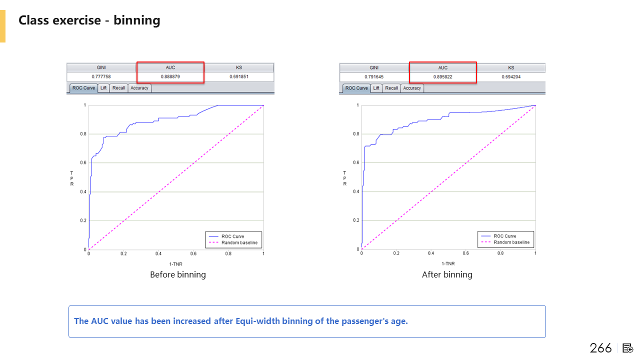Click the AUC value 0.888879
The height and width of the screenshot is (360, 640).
click(x=170, y=76)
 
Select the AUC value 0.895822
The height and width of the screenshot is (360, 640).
click(x=443, y=76)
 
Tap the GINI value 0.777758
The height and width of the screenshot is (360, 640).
click(x=101, y=76)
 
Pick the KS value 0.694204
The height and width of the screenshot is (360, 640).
click(x=511, y=76)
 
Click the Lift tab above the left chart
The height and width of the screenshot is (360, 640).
click(x=103, y=88)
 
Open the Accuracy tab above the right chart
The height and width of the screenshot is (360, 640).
click(x=412, y=88)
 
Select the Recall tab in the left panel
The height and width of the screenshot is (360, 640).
click(x=119, y=88)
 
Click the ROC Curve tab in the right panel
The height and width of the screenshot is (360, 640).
click(x=356, y=88)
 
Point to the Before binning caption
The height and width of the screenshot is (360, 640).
click(x=178, y=274)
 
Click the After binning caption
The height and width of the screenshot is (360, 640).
click(x=447, y=274)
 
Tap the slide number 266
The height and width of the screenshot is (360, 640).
click(x=600, y=348)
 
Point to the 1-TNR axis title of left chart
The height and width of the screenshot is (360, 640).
click(x=175, y=263)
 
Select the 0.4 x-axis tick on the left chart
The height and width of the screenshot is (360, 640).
click(x=158, y=254)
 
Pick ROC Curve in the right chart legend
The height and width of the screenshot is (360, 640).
click(x=504, y=236)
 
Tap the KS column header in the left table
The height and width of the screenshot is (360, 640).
click(x=239, y=67)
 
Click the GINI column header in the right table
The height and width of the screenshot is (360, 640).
click(x=374, y=67)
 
